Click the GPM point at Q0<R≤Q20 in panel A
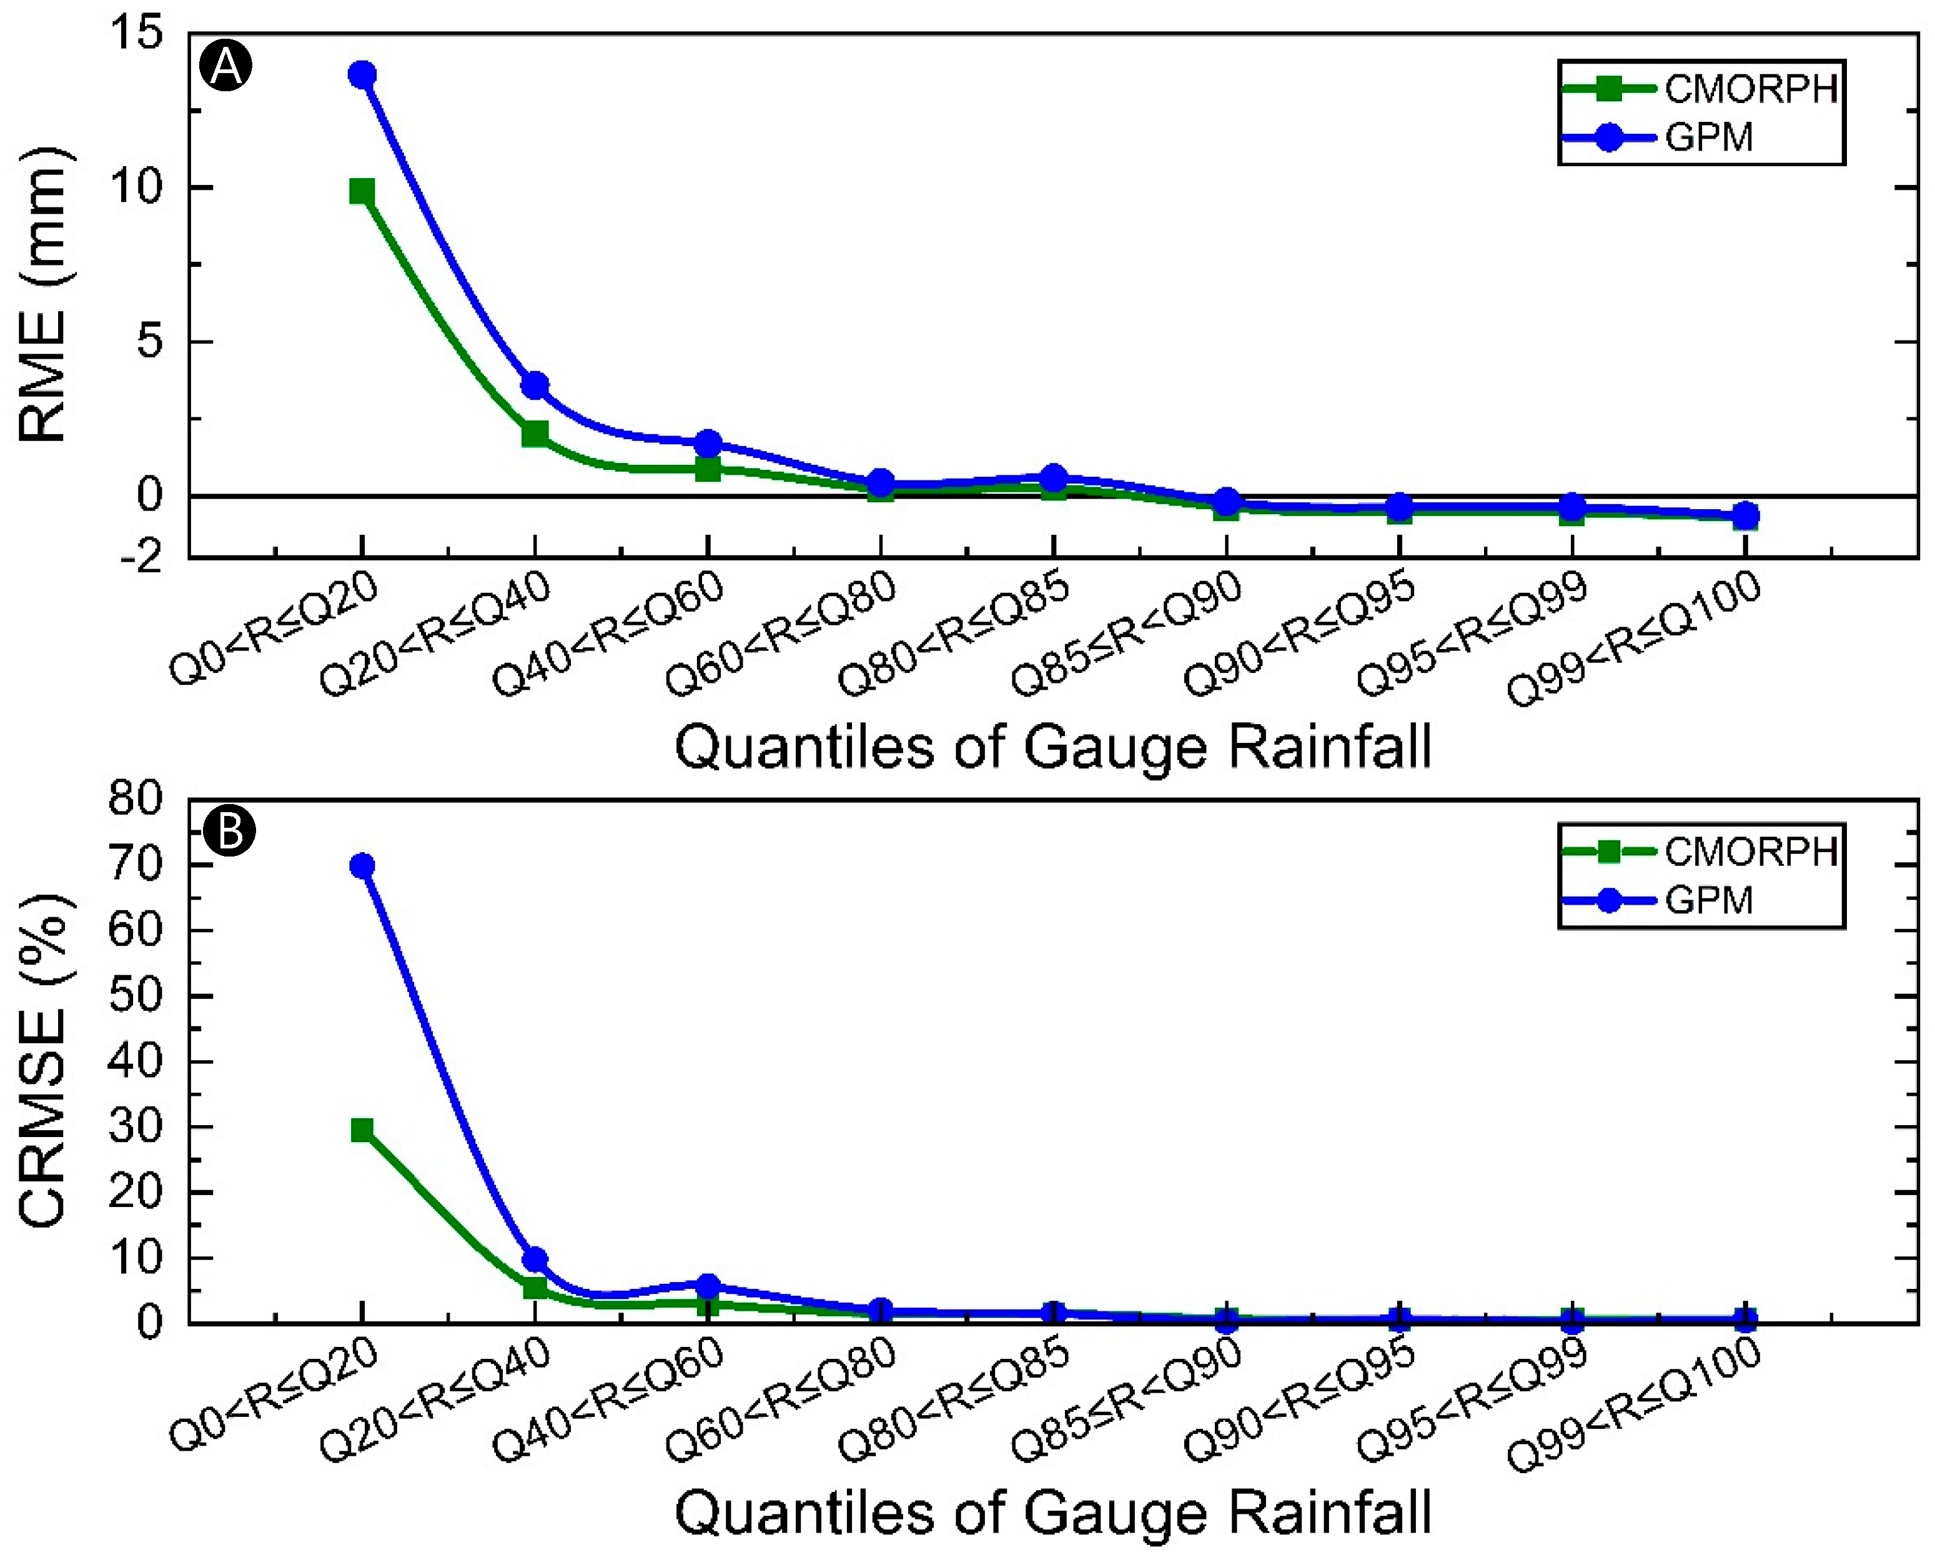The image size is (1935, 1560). point(362,74)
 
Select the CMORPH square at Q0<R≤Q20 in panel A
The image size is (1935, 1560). point(362,191)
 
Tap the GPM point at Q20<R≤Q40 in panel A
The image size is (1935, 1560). point(535,385)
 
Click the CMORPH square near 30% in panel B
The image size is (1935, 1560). point(362,1130)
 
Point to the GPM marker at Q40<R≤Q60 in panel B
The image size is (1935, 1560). point(708,1286)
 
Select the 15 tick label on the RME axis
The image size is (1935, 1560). point(137,34)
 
